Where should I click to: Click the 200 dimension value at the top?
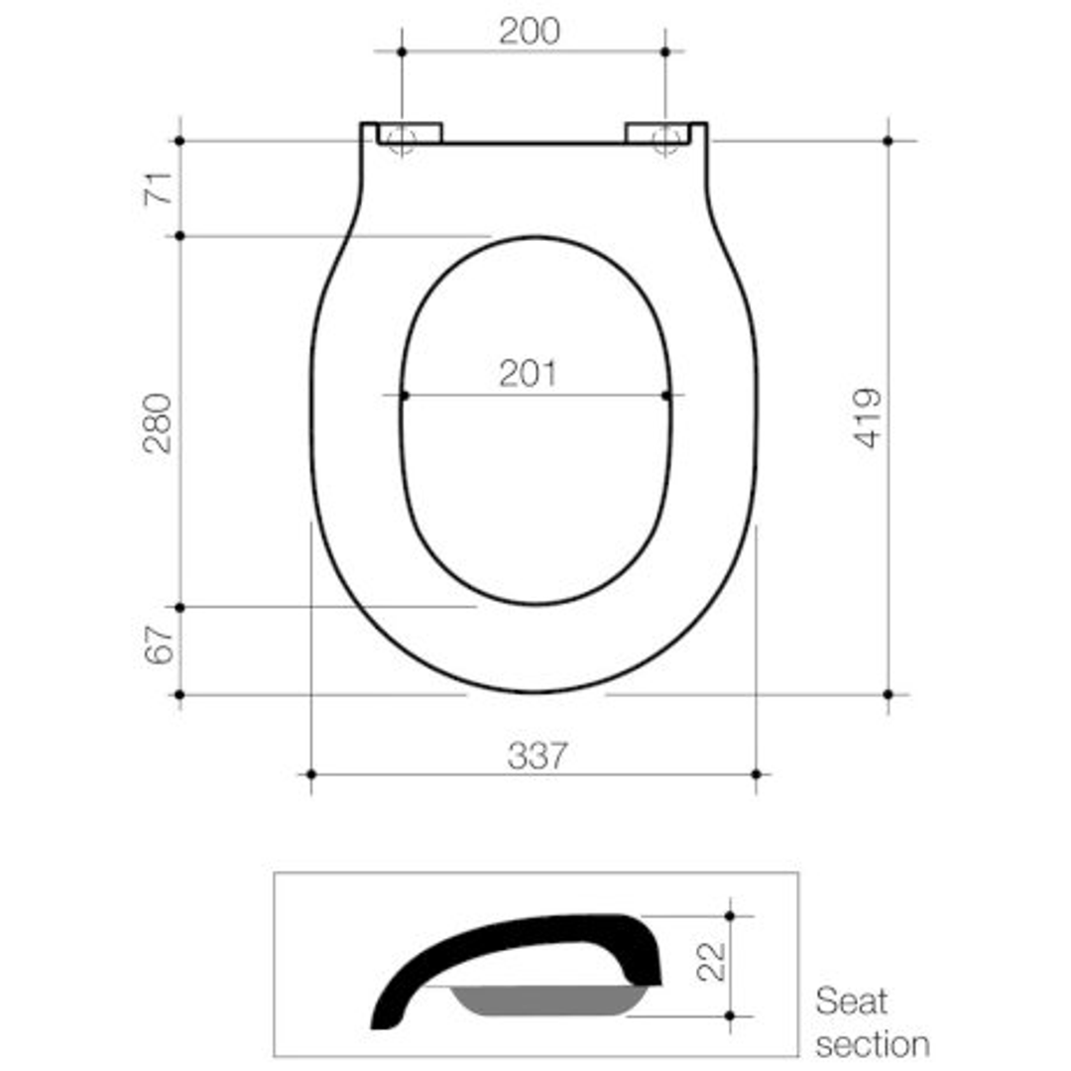tap(529, 32)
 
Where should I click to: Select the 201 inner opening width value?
tap(528, 374)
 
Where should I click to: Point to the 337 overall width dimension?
tap(536, 757)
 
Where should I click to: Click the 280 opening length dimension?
tap(158, 422)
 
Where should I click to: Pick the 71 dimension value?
tap(160, 187)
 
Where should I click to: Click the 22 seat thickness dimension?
tap(711, 961)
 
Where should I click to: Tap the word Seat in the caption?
tap(851, 1002)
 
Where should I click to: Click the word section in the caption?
tap(873, 1043)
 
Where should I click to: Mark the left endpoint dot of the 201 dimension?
tap(404, 396)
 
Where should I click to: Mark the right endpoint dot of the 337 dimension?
tap(756, 773)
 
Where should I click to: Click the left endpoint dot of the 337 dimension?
tap(311, 773)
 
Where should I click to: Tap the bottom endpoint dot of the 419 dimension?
tap(888, 694)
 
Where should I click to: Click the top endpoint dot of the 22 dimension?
tap(730, 915)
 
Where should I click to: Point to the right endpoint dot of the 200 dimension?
tap(665, 52)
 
